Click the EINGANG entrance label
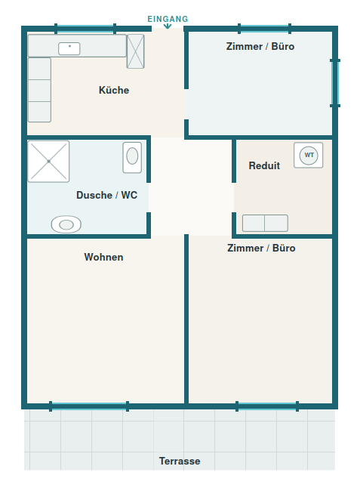point(168,19)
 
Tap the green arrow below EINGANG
point(168,26)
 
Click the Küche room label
point(114,90)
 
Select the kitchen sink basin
point(69,49)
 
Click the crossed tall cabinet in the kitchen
point(136,51)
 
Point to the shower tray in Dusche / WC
point(48,162)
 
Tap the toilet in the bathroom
point(66,224)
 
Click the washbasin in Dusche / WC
point(132,157)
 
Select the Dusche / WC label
point(106,195)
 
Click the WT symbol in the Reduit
point(309,155)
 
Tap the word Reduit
point(264,165)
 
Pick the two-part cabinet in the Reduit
point(265,223)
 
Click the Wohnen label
point(103,257)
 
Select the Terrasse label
point(180,461)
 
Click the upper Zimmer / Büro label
point(260,46)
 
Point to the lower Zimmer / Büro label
point(261,248)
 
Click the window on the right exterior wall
point(335,83)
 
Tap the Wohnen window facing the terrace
point(89,406)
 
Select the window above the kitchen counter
point(85,29)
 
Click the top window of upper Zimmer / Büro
point(264,29)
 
